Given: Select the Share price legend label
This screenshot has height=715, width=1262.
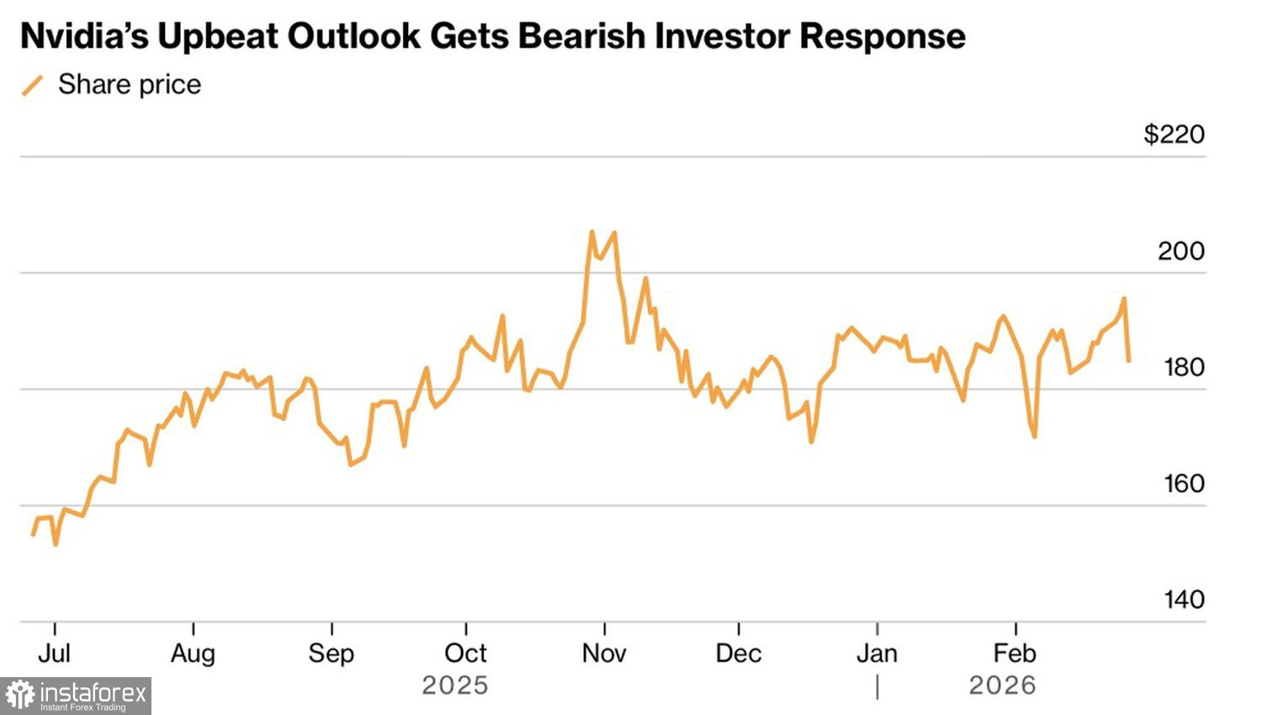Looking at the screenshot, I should pos(130,84).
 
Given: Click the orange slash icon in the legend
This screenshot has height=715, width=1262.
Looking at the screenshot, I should pos(32,85).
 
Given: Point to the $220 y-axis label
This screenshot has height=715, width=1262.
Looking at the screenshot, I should pos(1174,134).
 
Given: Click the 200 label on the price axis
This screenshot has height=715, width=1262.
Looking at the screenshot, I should pos(1180,251).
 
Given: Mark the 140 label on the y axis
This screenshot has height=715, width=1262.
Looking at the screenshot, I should pos(1184,600).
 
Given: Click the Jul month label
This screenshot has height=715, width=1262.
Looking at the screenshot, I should pos(55,654).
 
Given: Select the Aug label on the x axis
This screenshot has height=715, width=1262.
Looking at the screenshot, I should pos(193,654).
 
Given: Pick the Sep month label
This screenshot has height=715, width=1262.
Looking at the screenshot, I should pos(331,654).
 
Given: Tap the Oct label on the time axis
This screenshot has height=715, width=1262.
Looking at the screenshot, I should pos(465,654).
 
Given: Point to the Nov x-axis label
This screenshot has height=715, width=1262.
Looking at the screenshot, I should pos(604,654).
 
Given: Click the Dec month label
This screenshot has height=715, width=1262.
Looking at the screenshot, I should pos(739,654).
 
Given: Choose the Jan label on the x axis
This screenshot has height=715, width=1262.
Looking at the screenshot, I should pos(877,654).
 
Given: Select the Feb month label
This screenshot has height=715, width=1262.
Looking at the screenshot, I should pos(1015,654).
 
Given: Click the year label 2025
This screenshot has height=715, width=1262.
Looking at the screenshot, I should pos(454,686).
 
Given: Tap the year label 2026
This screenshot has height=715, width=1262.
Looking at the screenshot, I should pos(1002,686).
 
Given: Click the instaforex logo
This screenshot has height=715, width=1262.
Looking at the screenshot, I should pos(76,696).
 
